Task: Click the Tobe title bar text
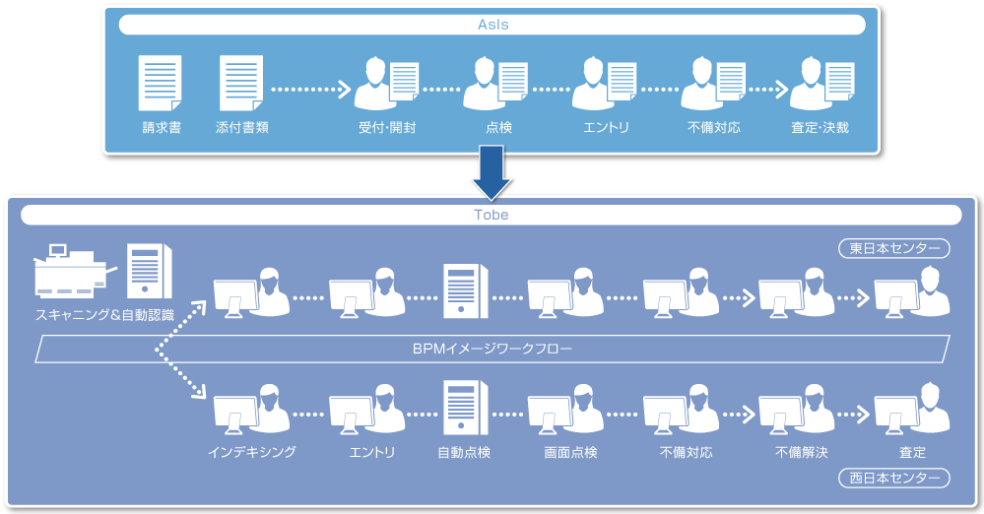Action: (x=492, y=215)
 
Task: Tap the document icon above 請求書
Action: (x=161, y=83)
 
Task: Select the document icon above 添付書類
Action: (x=240, y=83)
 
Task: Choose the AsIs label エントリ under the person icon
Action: (x=606, y=128)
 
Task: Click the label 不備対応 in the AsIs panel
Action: (x=714, y=128)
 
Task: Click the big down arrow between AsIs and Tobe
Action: (x=492, y=172)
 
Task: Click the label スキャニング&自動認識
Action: (x=105, y=316)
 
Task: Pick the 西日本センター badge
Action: (x=893, y=479)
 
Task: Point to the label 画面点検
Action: (x=570, y=453)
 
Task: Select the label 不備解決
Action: (x=801, y=453)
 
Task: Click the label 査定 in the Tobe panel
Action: (x=912, y=453)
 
